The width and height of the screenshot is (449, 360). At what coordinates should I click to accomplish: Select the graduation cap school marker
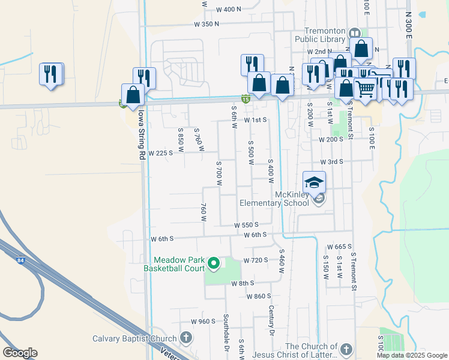pos(315,182)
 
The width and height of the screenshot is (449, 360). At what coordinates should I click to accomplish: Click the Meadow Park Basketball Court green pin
pos(212,262)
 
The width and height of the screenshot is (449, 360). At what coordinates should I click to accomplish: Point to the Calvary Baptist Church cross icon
pos(186,338)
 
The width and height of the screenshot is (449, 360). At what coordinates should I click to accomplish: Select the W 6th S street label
pos(162,239)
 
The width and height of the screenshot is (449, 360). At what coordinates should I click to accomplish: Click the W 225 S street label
pos(160,153)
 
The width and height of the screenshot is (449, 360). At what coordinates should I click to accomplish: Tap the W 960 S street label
pos(203,321)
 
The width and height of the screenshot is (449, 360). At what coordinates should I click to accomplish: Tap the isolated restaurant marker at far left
pos(50,74)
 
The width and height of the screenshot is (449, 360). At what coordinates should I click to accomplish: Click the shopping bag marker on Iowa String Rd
pos(133,94)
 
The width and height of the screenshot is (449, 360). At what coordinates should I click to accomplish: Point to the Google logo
pos(20,353)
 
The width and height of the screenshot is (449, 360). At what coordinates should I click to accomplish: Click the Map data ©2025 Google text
pos(412,355)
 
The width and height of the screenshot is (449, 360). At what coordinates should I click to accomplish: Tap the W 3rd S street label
pos(331,162)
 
